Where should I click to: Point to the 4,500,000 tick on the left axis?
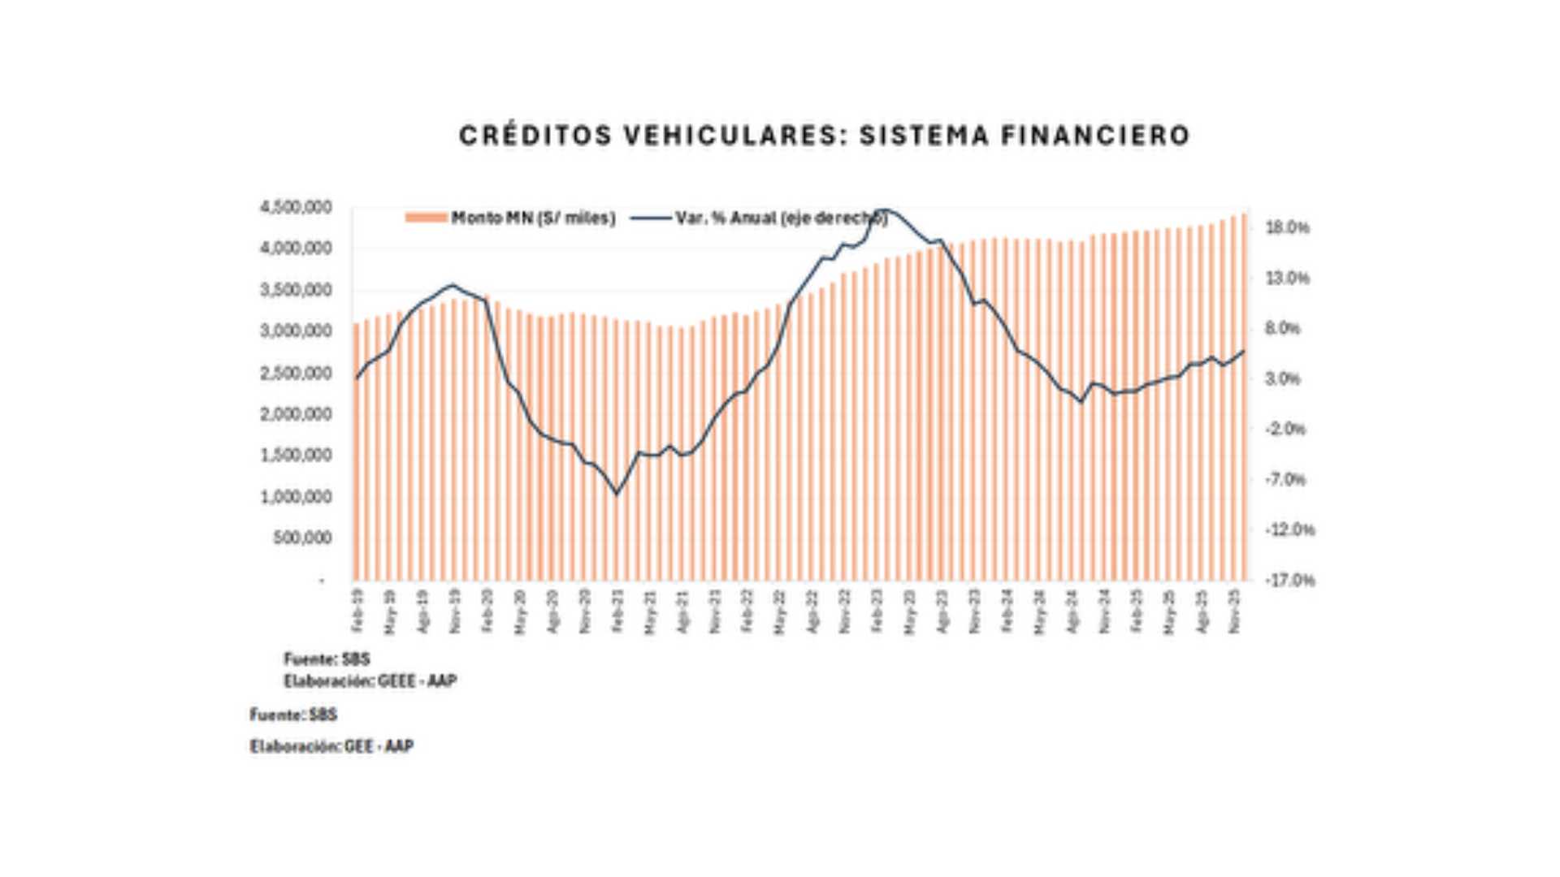point(296,208)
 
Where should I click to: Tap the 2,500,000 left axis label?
point(296,374)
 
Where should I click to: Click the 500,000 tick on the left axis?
point(302,538)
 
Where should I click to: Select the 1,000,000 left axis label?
point(296,496)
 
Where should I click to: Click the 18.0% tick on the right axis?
point(1288,227)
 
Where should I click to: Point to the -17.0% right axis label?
point(1289,580)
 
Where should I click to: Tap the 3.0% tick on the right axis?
point(1284,378)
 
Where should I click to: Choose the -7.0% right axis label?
point(1285,479)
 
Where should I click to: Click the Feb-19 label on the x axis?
point(357,611)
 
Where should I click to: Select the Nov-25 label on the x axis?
point(1235,611)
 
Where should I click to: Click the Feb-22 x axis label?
point(747,611)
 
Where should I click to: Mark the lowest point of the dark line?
point(617,493)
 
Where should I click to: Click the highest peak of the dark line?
point(887,210)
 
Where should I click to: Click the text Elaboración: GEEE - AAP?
point(370,680)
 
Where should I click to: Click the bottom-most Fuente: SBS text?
point(293,715)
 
